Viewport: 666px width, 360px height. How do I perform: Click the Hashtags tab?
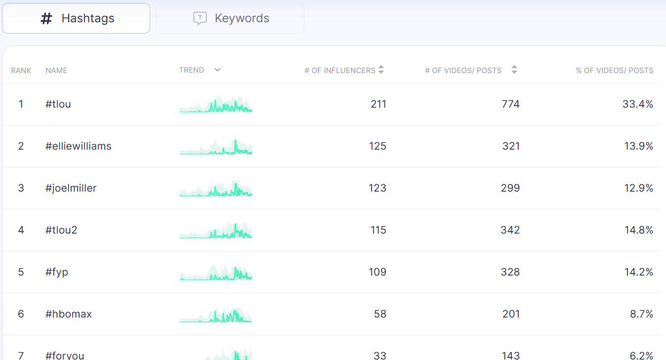tap(76, 18)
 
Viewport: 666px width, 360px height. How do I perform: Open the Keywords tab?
tap(230, 18)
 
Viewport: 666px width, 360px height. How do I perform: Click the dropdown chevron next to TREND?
tap(217, 70)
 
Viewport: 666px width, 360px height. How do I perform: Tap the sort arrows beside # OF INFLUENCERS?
tap(381, 70)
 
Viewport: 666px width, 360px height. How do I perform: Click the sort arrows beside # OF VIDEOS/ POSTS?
tap(514, 70)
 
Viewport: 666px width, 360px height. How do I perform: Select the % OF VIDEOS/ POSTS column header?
tap(615, 71)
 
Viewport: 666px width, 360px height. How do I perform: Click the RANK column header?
tap(21, 71)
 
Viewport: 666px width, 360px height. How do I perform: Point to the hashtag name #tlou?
tap(58, 104)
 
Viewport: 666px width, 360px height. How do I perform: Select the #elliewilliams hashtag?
tap(79, 146)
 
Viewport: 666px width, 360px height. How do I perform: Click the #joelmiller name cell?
tap(71, 188)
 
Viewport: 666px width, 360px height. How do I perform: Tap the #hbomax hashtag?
tap(69, 314)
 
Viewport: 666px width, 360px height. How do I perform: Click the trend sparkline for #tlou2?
tap(216, 231)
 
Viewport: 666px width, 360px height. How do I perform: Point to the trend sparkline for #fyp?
tap(216, 273)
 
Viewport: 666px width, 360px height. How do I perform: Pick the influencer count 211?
tap(378, 104)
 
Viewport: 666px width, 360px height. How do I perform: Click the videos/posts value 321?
tap(511, 146)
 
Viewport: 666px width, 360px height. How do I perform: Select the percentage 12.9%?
tap(639, 188)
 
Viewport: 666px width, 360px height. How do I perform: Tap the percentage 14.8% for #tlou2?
tap(639, 230)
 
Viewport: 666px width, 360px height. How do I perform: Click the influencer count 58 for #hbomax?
tap(380, 314)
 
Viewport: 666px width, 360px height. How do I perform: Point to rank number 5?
tap(21, 272)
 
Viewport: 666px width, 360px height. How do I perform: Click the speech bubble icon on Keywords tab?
tap(200, 18)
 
